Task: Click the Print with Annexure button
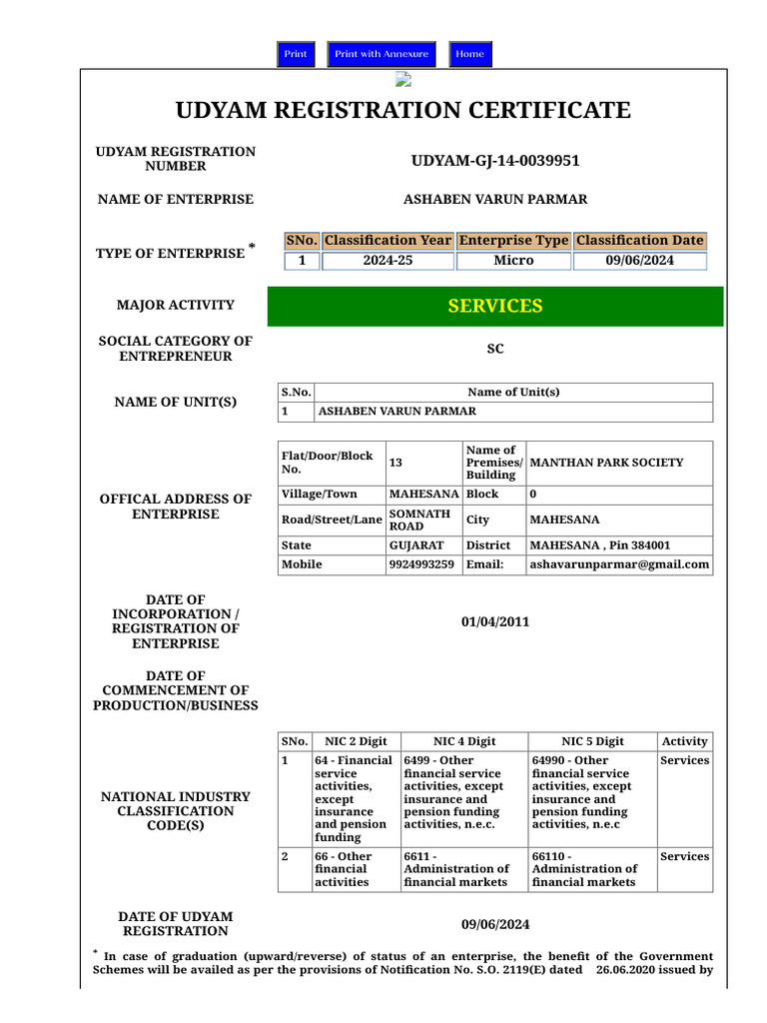coord(382,54)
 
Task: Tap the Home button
coord(469,54)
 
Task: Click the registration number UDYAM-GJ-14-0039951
coord(495,161)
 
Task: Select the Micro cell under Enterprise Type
coord(513,261)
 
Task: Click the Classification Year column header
coord(387,241)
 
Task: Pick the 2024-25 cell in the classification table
coord(387,261)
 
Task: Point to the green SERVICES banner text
coord(495,306)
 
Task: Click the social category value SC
coord(495,349)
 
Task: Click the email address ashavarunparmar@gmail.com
coord(619,564)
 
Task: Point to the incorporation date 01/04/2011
coord(495,622)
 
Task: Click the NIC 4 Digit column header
coord(463,741)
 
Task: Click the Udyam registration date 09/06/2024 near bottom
coord(495,924)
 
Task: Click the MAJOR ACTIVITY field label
coord(176,306)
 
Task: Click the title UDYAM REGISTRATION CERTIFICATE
coord(403,110)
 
